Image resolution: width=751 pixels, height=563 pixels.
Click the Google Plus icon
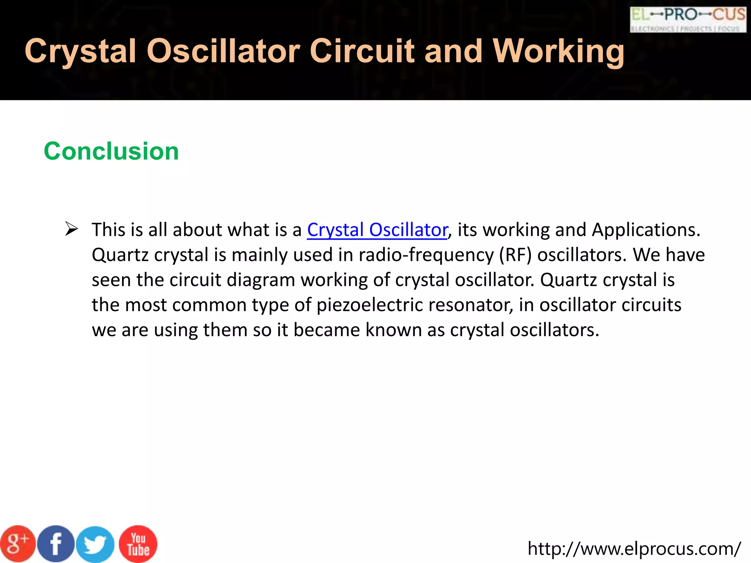pos(17,544)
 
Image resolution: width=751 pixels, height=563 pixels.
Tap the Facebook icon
pos(56,544)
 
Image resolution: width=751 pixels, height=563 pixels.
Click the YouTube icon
pos(138,544)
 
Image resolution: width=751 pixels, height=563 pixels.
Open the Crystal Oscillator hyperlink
pos(377,230)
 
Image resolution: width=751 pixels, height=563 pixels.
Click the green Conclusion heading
pos(111,151)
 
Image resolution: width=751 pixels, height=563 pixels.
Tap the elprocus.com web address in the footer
pos(634,549)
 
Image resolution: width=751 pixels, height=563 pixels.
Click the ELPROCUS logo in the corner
pos(688,19)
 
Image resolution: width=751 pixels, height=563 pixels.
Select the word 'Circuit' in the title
pos(363,51)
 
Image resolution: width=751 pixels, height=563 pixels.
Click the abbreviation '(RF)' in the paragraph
pos(515,255)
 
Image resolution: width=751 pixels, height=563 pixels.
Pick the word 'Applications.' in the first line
pos(646,230)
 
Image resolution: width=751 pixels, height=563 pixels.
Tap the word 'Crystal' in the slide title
pos(81,51)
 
